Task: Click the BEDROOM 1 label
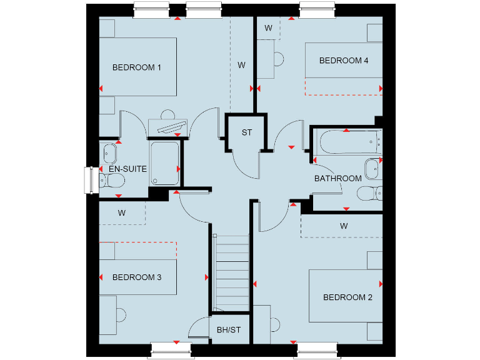(137, 67)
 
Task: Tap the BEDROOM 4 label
(344, 61)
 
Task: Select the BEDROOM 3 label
(137, 277)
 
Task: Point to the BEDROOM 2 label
(347, 297)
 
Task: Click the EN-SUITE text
(127, 169)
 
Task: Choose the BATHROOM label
(337, 178)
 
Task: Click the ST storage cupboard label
(247, 132)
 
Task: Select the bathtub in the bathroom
(347, 143)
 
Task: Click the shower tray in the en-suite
(164, 162)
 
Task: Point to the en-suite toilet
(112, 181)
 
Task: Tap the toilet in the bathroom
(370, 193)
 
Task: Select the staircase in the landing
(232, 272)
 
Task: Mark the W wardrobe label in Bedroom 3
(122, 213)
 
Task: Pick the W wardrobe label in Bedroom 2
(344, 226)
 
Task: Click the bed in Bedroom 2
(345, 296)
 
